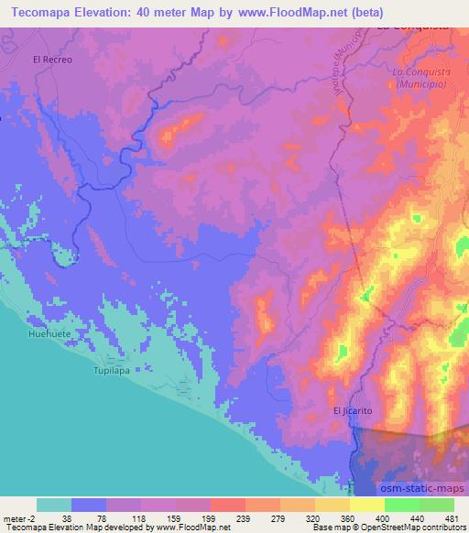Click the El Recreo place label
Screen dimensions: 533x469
(51, 60)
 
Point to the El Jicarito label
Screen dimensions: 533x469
(353, 411)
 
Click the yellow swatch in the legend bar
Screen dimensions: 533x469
(366, 505)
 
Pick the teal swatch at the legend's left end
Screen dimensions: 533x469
(54, 505)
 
